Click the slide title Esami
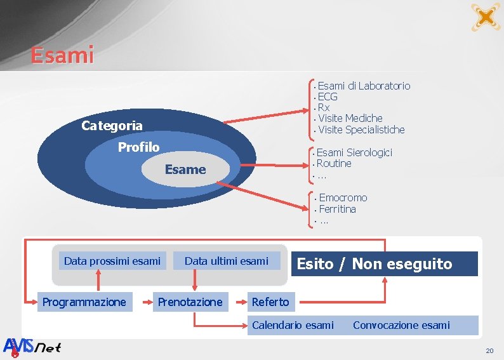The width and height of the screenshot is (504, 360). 62,56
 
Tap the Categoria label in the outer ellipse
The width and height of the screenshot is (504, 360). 112,126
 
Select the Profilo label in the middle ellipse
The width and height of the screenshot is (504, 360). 138,147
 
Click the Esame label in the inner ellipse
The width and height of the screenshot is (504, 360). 185,170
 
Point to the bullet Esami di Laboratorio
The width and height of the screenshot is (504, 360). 364,86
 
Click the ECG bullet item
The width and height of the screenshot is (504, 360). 328,97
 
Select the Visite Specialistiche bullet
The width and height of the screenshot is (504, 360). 361,130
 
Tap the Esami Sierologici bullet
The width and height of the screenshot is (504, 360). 354,152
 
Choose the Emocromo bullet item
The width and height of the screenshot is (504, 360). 343,198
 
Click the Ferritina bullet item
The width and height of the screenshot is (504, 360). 337,209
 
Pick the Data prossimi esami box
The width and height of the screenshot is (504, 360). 112,261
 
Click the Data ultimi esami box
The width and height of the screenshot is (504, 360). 227,261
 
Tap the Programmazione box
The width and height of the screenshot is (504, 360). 84,302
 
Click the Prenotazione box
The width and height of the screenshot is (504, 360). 190,302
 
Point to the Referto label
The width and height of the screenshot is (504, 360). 270,302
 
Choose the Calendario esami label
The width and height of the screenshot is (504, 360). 293,325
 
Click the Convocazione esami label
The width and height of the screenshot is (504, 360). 401,325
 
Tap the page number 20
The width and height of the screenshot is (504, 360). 489,351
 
